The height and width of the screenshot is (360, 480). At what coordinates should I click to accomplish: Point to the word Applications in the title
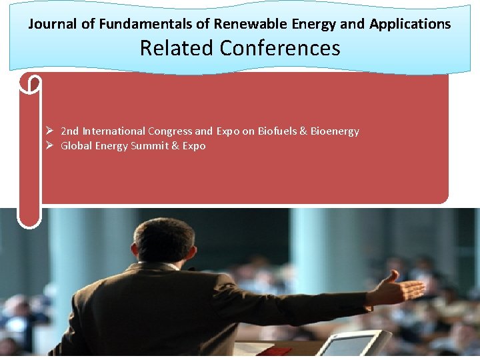(x=410, y=24)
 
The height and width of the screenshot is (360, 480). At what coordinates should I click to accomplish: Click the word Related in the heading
(x=176, y=48)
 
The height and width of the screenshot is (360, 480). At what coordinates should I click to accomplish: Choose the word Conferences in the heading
(x=279, y=48)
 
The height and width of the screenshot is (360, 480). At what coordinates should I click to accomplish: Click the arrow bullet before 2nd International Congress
(x=49, y=131)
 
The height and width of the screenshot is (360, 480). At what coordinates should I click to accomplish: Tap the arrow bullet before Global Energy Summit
(x=49, y=146)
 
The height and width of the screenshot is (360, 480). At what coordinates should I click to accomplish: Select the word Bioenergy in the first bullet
(x=335, y=131)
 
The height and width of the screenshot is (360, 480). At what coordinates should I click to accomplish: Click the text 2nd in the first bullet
(x=69, y=131)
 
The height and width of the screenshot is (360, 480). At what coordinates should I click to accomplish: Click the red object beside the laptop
(x=274, y=351)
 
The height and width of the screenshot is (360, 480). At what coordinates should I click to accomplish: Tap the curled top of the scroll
(x=31, y=83)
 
